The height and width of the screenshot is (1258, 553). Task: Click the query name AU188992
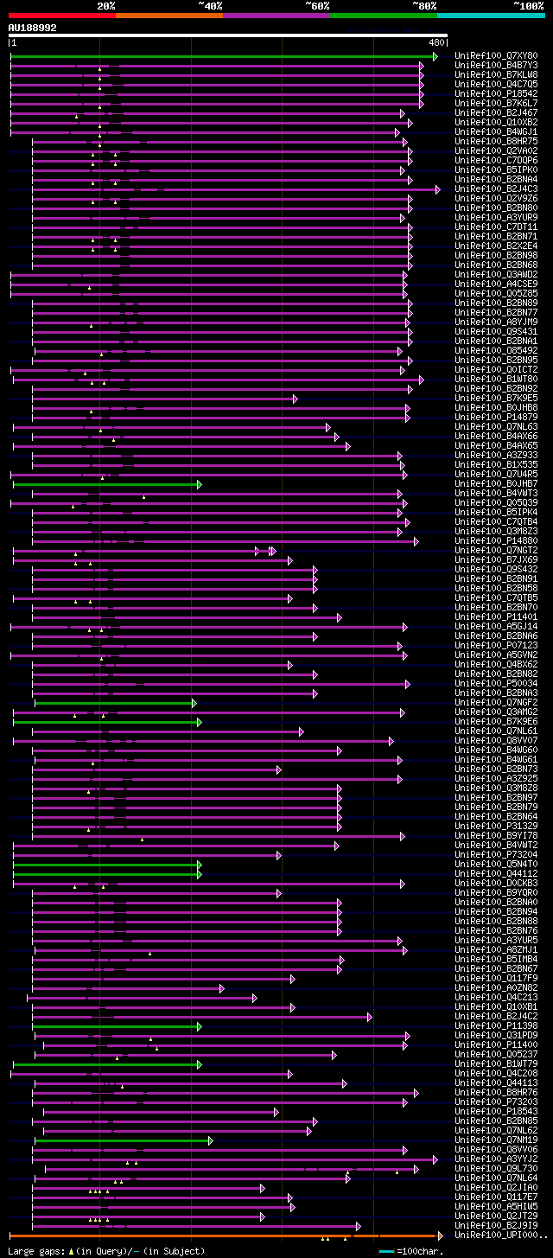[x=33, y=28]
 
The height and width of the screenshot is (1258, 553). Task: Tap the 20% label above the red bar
[x=105, y=5]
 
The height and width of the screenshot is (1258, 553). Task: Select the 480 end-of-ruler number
[x=436, y=42]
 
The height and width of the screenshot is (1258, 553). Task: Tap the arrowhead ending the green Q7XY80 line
[x=435, y=56]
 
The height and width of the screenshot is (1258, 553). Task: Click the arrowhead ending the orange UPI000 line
[x=440, y=1236]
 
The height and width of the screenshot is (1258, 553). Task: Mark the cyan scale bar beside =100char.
[x=386, y=1250]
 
